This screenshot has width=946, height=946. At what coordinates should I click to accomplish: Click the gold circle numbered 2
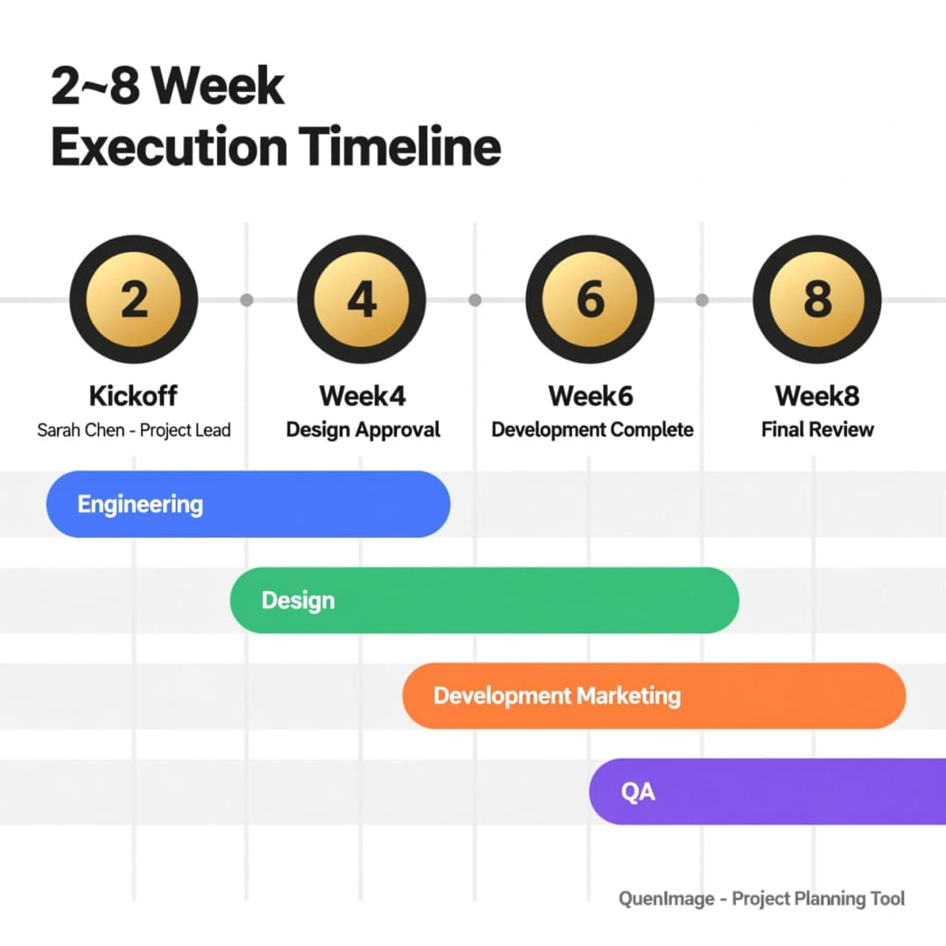(x=134, y=300)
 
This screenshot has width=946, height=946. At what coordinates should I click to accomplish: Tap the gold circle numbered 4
(x=362, y=300)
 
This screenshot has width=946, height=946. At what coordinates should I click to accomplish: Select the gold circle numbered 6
(x=590, y=300)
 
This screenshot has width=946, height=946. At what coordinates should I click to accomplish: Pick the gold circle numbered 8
(x=817, y=300)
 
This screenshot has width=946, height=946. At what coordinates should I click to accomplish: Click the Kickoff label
(x=133, y=396)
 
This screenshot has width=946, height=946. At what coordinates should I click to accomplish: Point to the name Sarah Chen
(x=81, y=429)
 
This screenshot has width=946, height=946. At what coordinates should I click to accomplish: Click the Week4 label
(x=363, y=396)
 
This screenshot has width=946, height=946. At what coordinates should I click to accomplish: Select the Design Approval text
(x=364, y=430)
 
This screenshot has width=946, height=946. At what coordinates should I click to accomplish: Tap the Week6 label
(x=590, y=396)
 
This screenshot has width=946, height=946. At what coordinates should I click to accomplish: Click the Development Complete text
(x=592, y=429)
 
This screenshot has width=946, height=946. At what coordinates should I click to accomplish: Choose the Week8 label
(x=817, y=396)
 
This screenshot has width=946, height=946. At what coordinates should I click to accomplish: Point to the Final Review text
(x=817, y=429)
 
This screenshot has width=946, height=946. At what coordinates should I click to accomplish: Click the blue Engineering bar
(x=248, y=504)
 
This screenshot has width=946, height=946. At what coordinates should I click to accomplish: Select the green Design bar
(x=484, y=600)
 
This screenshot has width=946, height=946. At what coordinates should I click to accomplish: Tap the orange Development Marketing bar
(x=654, y=695)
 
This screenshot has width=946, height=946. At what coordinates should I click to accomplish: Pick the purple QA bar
(x=767, y=792)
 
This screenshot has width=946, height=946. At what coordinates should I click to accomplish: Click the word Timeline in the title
(x=399, y=146)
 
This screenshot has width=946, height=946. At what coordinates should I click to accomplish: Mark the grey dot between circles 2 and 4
(x=247, y=300)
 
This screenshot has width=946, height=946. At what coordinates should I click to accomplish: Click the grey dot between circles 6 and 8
(x=702, y=300)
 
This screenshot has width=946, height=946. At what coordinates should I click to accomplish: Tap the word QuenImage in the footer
(x=667, y=899)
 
